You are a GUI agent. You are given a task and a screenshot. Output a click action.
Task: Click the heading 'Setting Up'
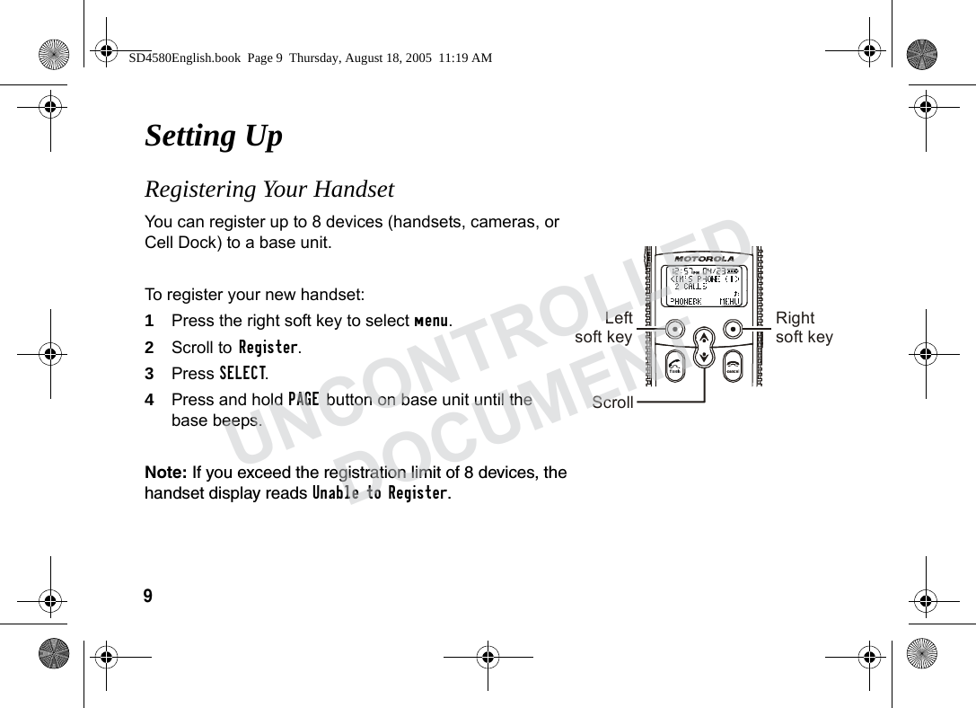pyautogui.click(x=214, y=136)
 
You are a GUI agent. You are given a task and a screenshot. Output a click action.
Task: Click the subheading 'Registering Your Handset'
pyautogui.click(x=269, y=190)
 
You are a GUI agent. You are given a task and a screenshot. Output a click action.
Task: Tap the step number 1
pyautogui.click(x=149, y=321)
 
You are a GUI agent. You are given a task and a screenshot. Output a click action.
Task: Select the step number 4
pyautogui.click(x=149, y=399)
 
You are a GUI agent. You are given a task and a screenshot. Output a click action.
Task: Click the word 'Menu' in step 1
pyautogui.click(x=431, y=321)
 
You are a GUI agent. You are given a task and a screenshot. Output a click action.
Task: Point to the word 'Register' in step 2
pyautogui.click(x=268, y=347)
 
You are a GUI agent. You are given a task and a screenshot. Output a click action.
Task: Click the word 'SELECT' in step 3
pyautogui.click(x=242, y=373)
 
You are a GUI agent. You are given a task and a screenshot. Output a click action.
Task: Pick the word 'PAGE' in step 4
pyautogui.click(x=303, y=399)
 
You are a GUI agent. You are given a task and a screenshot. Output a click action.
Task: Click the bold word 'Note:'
pyautogui.click(x=166, y=473)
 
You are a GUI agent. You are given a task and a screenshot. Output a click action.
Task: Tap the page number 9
pyautogui.click(x=148, y=596)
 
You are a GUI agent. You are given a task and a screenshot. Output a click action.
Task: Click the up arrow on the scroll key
pyautogui.click(x=704, y=338)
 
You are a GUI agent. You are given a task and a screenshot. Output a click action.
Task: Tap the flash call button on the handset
pyautogui.click(x=675, y=365)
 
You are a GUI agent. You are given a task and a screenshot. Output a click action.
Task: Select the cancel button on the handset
pyautogui.click(x=733, y=365)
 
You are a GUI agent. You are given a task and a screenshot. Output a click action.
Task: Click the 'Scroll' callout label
pyautogui.click(x=612, y=403)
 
